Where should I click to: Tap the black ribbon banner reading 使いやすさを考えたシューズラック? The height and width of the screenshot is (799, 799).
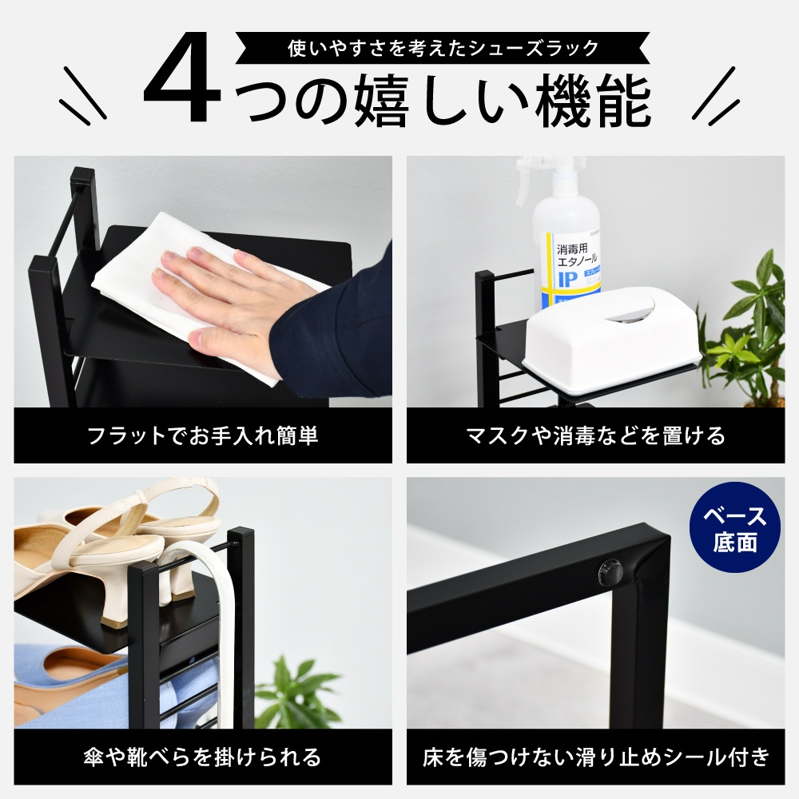(x=443, y=48)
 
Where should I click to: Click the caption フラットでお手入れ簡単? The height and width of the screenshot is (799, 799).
(x=203, y=435)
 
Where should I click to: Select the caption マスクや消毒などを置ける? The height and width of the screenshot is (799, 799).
(x=595, y=435)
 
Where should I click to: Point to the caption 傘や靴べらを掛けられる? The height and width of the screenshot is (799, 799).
(x=203, y=757)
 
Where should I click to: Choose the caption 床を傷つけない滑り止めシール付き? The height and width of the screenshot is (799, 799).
(x=595, y=757)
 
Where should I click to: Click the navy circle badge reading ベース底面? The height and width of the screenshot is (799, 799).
(x=735, y=528)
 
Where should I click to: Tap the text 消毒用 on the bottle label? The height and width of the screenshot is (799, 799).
(x=572, y=249)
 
